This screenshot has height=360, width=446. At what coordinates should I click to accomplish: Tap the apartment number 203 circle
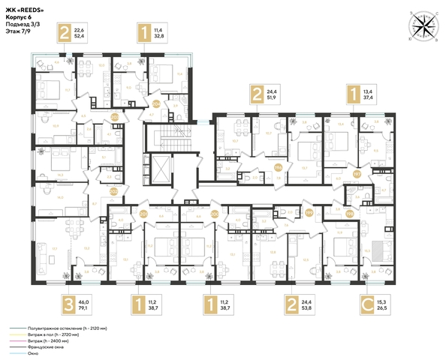[x=115, y=117]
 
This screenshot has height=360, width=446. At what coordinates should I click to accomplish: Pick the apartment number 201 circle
[x=143, y=213]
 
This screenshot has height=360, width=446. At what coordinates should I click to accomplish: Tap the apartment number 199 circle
[x=309, y=213]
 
